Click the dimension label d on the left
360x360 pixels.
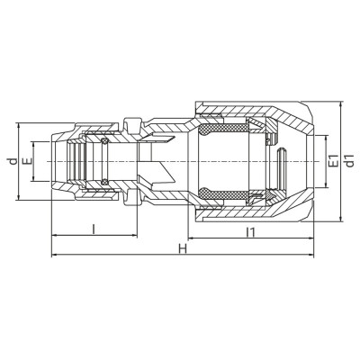click(13, 161)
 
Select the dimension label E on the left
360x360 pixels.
click(28, 161)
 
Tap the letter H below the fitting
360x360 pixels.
click(183, 248)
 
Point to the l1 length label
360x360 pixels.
click(250, 232)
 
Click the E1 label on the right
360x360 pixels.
click(333, 161)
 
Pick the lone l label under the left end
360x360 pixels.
click(94, 229)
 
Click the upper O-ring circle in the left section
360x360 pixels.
click(104, 141)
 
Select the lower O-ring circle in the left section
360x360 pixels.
click(104, 182)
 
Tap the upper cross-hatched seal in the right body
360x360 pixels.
click(223, 129)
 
